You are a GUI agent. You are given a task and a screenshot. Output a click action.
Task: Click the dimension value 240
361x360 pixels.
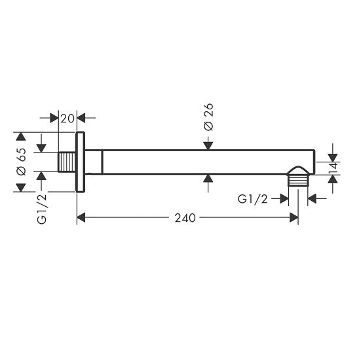point(185,218)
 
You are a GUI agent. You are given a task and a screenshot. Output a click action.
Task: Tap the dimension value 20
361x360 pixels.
point(67,118)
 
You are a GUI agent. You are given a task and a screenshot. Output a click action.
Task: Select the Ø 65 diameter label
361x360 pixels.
point(21,162)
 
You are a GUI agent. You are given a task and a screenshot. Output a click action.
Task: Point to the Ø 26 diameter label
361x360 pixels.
point(208,117)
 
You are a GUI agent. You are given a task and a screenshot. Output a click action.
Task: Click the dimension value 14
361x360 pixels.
point(333,168)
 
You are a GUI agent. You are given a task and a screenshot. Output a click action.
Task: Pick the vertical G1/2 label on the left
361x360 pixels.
point(42,209)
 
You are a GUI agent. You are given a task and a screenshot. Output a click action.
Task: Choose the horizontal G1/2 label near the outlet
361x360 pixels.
point(252,199)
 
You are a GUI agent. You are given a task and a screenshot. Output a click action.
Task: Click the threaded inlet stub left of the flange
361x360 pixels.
point(67,162)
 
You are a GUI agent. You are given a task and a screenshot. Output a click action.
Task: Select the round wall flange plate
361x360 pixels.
point(80,162)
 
